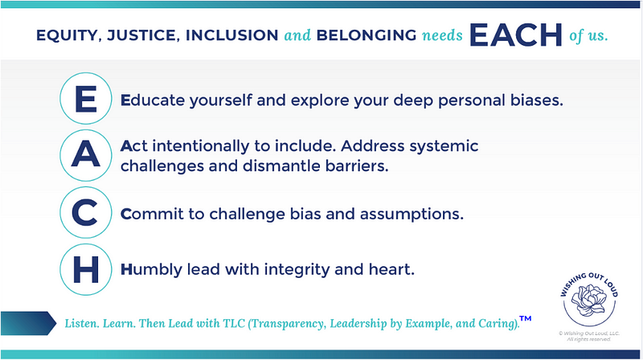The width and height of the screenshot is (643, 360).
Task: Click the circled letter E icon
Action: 86,98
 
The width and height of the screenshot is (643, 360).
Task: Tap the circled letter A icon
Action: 86,155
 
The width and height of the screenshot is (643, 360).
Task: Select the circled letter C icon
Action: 86,212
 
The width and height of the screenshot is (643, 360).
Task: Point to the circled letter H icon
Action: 86,269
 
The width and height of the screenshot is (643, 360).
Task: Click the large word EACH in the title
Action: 515,35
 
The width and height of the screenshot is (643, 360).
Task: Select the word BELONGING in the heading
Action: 367,35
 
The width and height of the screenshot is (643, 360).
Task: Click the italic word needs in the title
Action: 442,35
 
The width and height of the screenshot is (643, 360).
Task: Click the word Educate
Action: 153,100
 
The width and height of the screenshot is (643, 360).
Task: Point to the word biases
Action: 537,100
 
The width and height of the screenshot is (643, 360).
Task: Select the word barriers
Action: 357,166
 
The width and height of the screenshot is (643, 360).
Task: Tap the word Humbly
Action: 151,269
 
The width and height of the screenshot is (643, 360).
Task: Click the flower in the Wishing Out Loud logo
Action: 589,300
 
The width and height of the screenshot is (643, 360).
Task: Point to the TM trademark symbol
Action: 526,318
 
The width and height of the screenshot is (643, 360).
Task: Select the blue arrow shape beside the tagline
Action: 28,323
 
